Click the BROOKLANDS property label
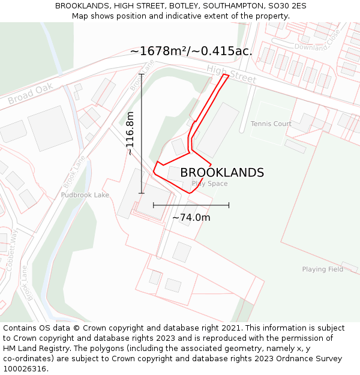pos(222,173)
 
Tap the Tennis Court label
pos(271,124)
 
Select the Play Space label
pos(209,184)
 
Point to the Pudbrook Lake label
pos(85,195)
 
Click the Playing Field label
pos(323,269)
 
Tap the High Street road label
pos(231,74)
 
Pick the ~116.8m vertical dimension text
pos(130,133)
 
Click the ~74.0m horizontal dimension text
pos(191,218)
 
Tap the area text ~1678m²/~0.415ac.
pos(191,52)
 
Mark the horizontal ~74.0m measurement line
pos(191,205)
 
